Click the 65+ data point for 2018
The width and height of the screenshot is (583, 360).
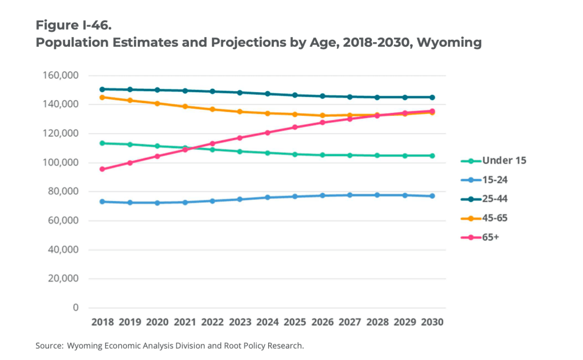(x=102, y=169)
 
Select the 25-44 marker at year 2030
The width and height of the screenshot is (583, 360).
(x=432, y=97)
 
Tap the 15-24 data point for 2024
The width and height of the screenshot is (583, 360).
(x=267, y=198)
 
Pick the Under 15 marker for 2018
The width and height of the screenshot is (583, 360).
(x=102, y=143)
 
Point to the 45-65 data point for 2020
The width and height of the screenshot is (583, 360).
(x=157, y=103)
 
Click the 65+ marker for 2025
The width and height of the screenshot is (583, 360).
(x=295, y=127)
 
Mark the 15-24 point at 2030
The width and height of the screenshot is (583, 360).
(x=432, y=196)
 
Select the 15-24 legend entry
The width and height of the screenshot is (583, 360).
(x=487, y=179)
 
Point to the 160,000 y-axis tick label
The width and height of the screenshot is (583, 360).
(x=59, y=75)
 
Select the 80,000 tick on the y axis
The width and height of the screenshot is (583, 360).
(x=61, y=191)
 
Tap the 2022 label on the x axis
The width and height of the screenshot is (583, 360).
(x=212, y=322)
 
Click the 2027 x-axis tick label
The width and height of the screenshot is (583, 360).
(x=350, y=322)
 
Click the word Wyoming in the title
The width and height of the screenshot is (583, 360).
(x=450, y=42)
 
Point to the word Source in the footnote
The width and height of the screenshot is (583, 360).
(x=48, y=345)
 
